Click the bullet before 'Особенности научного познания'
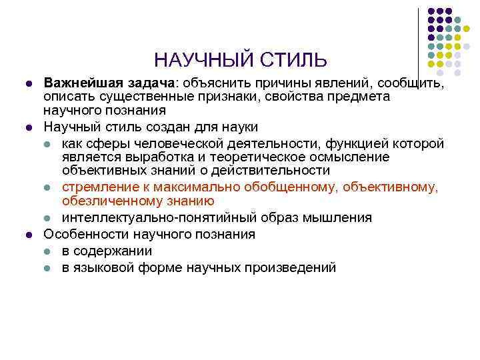coord(27,235)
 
